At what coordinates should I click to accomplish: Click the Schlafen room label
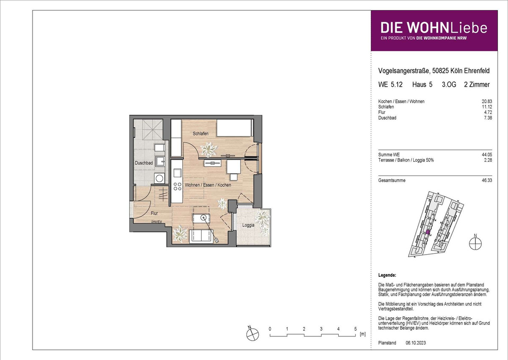tap(201, 134)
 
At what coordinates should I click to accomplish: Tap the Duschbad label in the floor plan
tap(144, 163)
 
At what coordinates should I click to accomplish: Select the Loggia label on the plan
tap(248, 225)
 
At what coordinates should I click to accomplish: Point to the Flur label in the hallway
tap(154, 213)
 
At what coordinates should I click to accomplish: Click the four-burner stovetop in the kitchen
tap(177, 187)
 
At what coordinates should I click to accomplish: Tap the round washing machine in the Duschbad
tap(159, 178)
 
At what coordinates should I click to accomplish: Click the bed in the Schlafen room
tap(235, 128)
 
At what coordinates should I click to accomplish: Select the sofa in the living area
tap(201, 236)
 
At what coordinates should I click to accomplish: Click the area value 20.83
tap(487, 101)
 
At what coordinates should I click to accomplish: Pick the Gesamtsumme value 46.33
tap(487, 180)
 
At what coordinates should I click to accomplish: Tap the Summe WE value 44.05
tap(487, 154)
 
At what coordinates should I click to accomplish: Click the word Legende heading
tap(387, 275)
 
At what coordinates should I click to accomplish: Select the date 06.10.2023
tap(416, 343)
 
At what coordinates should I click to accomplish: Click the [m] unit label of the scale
tap(363, 334)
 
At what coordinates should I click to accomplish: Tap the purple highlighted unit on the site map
tap(428, 232)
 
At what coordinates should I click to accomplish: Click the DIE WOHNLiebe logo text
tap(433, 27)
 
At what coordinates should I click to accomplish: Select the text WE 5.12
tap(390, 85)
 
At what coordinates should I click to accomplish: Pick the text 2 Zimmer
tap(477, 85)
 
